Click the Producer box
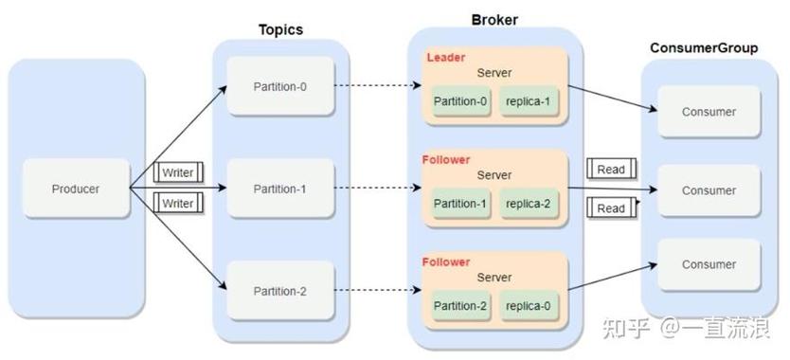[76, 189]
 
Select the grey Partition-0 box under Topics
[279, 87]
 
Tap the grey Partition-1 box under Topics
[279, 189]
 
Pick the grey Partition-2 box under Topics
[279, 290]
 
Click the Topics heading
[280, 29]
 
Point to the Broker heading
[494, 20]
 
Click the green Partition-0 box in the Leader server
[461, 101]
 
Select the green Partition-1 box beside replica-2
[461, 203]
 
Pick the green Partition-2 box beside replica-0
[461, 305]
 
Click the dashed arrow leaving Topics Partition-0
[374, 87]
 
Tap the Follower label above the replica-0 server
[446, 261]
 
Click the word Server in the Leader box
[494, 73]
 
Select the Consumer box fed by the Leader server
[709, 111]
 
